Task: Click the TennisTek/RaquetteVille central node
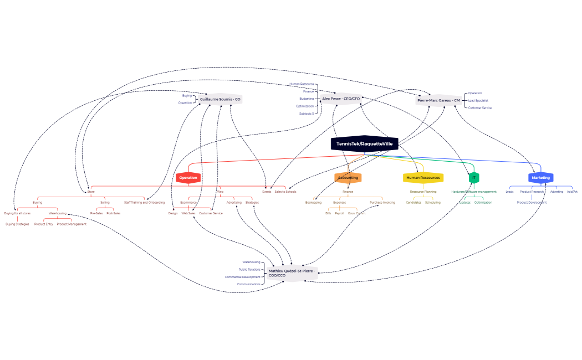[365, 143]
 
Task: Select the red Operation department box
[188, 178]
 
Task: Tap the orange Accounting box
[348, 178]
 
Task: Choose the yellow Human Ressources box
[423, 178]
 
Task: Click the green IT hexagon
[474, 178]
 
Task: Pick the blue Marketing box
[541, 178]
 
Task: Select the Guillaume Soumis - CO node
[220, 99]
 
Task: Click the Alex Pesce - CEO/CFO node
[341, 99]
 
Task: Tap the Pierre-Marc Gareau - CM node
[438, 100]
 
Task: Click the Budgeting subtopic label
[307, 99]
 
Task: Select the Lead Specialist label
[478, 101]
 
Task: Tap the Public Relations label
[249, 270]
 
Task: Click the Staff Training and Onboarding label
[144, 203]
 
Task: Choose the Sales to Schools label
[285, 192]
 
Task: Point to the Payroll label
[340, 213]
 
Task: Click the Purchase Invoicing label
[382, 203]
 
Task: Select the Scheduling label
[433, 203]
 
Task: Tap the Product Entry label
[44, 224]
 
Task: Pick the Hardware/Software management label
[474, 192]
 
